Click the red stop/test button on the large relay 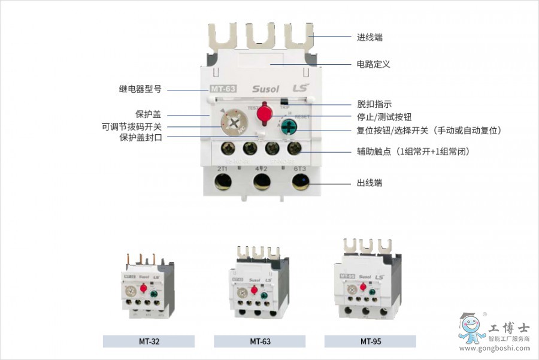264,112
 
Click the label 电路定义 373,64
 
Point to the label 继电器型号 140,89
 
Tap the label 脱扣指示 374,104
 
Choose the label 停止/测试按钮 384,117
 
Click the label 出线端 369,183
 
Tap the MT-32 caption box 149,341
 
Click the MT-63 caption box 260,341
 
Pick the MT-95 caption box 371,341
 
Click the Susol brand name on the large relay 265,89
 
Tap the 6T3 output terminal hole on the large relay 301,182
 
